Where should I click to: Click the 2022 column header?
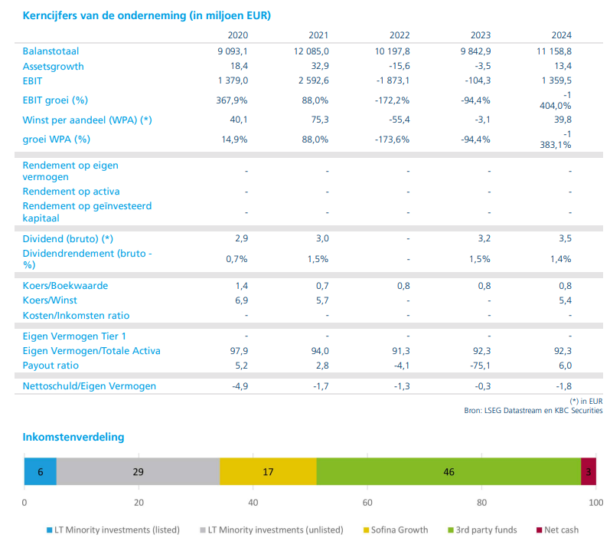(400, 35)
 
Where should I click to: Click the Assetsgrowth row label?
(54, 66)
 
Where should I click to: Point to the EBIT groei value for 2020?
(233, 100)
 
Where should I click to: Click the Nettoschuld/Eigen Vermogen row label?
(90, 385)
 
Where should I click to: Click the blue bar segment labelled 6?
(41, 471)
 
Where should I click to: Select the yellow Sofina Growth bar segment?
(268, 471)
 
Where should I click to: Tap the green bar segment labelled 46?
(449, 471)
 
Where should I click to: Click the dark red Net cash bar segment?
(588, 471)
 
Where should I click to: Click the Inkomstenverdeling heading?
(73, 437)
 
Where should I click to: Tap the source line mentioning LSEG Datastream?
(533, 411)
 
